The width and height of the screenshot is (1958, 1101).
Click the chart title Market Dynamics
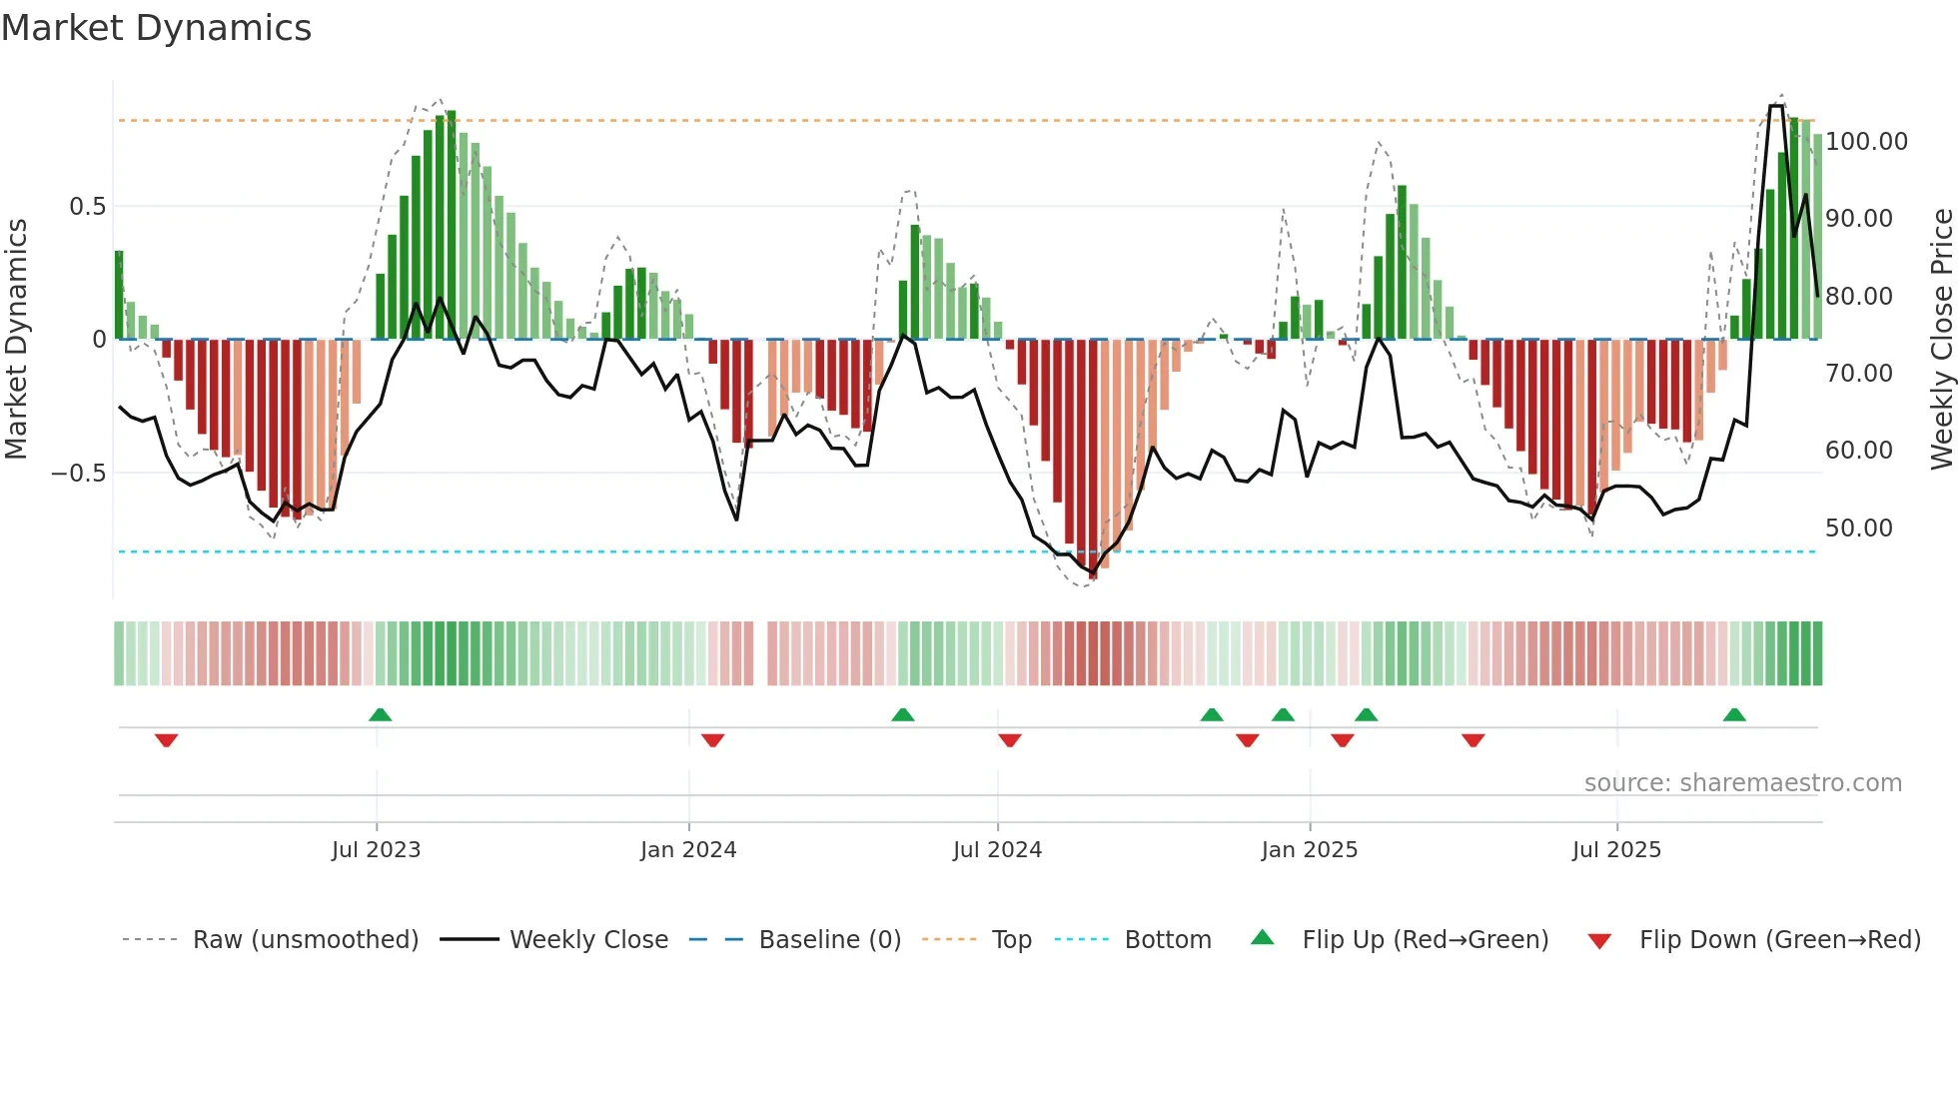pyautogui.click(x=156, y=28)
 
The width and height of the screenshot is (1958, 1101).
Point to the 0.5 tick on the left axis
pyautogui.click(x=87, y=207)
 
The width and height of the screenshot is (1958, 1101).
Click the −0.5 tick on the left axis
pyautogui.click(x=79, y=473)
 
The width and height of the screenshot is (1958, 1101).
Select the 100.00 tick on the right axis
pyautogui.click(x=1866, y=142)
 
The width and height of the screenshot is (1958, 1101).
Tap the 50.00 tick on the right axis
pyautogui.click(x=1858, y=529)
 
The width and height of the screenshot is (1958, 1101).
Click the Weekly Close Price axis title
pyautogui.click(x=1941, y=339)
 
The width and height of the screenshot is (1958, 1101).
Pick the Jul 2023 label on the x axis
pyautogui.click(x=376, y=850)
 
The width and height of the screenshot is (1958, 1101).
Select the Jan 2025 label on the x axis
pyautogui.click(x=1309, y=850)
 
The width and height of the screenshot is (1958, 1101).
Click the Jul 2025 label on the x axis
pyautogui.click(x=1615, y=850)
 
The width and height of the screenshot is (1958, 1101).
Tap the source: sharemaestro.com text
pyautogui.click(x=1742, y=783)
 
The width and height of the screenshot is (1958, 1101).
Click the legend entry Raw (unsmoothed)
pyautogui.click(x=305, y=940)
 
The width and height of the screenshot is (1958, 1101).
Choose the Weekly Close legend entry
pyautogui.click(x=588, y=940)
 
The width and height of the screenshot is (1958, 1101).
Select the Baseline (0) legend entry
pyautogui.click(x=829, y=940)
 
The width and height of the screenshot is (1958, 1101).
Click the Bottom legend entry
pyautogui.click(x=1167, y=940)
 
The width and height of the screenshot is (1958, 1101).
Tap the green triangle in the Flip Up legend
pyautogui.click(x=1263, y=937)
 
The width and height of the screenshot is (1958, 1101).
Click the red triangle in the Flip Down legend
pyautogui.click(x=1599, y=941)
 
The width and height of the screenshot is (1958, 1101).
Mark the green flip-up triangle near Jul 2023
pyautogui.click(x=380, y=714)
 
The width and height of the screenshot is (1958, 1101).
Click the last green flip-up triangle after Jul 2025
pyautogui.click(x=1734, y=714)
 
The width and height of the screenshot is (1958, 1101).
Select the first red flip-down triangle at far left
pyautogui.click(x=167, y=740)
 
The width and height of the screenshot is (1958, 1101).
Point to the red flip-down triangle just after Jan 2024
pyautogui.click(x=712, y=740)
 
